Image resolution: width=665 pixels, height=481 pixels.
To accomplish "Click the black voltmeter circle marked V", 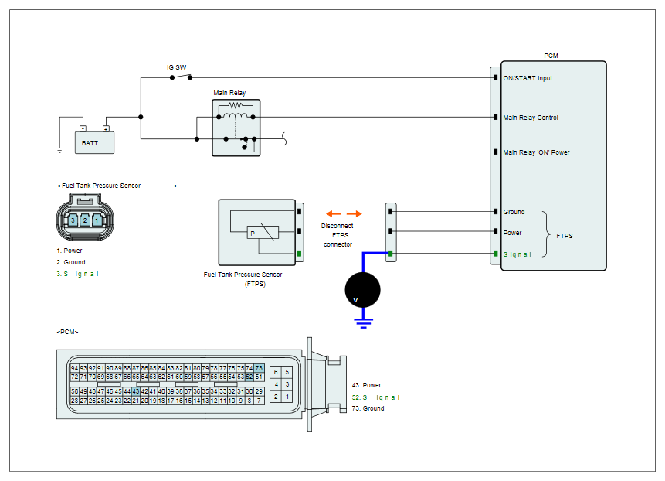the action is click(362, 290).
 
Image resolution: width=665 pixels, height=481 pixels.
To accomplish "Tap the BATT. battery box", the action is click(94, 142).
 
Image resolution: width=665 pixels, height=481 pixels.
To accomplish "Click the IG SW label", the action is click(176, 67).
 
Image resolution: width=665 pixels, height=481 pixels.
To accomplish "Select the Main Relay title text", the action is click(229, 93).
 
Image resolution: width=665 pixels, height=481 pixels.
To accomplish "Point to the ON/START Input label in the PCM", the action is click(528, 78).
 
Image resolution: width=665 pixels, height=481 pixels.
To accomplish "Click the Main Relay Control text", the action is click(531, 118).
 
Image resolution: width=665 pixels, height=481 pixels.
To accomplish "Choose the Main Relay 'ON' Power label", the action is click(536, 152).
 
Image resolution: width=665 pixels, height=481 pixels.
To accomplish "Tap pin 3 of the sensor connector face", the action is click(73, 220).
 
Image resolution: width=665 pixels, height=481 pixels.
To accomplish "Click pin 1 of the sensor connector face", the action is click(97, 220).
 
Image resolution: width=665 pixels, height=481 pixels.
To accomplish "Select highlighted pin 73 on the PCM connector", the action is click(259, 368).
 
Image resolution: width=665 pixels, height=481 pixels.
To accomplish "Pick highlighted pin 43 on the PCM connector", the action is click(136, 391).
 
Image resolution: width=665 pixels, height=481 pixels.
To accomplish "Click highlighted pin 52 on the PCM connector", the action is click(249, 377).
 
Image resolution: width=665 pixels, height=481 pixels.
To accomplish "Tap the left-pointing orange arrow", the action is click(334, 213).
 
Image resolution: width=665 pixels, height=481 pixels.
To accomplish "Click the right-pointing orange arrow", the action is click(355, 213).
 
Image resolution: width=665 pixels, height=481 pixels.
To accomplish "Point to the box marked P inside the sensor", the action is click(263, 233).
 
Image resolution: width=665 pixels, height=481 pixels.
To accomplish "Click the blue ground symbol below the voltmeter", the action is click(364, 322).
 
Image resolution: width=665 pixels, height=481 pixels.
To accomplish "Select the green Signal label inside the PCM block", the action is click(517, 254).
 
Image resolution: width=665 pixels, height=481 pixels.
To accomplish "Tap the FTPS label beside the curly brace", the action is click(565, 236).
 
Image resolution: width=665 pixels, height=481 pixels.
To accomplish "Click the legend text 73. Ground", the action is click(368, 408).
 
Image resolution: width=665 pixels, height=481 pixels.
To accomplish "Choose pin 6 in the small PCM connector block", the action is click(276, 372).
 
